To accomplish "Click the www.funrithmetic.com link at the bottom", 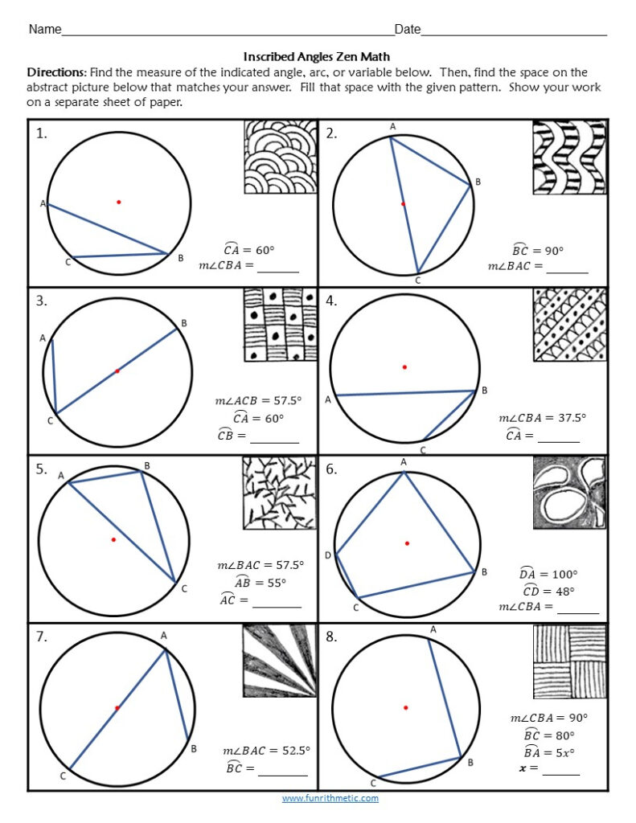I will [x=330, y=798].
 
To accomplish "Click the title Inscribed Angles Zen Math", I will [x=317, y=56].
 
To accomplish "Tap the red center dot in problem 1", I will [x=118, y=202].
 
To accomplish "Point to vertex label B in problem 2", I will [x=478, y=182].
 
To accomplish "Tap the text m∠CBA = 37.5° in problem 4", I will [x=542, y=417].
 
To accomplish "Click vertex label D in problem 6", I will [x=327, y=555].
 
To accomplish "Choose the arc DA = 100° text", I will [x=548, y=574].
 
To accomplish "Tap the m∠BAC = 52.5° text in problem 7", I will [x=266, y=750].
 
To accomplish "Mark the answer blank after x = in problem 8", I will [x=560, y=769].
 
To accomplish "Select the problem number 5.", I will [x=41, y=470].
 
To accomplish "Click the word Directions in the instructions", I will [x=56, y=72].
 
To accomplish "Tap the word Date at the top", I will [x=408, y=30].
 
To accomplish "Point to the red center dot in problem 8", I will [x=405, y=707].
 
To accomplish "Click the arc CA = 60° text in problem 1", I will [x=248, y=250].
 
